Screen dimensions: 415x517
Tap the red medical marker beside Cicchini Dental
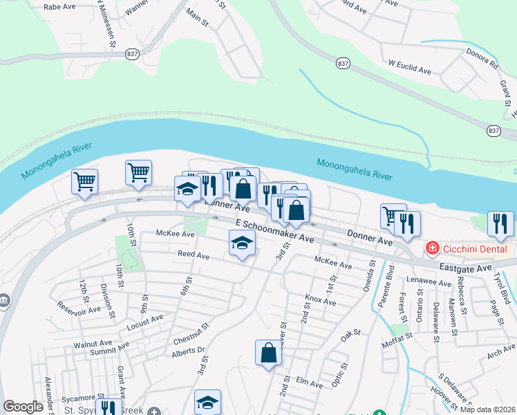tap(432, 248)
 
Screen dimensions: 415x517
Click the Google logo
tap(23, 407)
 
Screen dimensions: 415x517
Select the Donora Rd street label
tap(485, 66)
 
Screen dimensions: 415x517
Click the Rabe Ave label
tap(59, 6)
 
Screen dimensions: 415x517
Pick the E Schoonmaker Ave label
tap(275, 231)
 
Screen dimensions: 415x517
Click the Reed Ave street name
tap(194, 255)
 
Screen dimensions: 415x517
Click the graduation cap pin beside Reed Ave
tap(242, 243)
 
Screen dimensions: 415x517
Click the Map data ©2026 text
tap(487, 409)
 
